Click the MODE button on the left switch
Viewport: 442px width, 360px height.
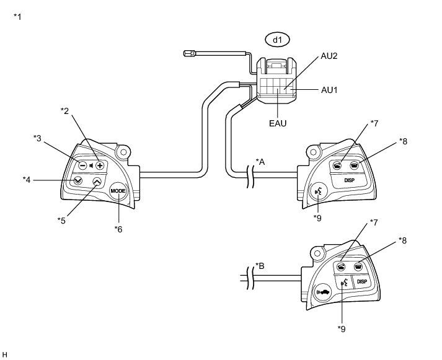[x=118, y=191]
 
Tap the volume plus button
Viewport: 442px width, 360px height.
[x=99, y=165]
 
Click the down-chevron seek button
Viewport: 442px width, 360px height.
[x=78, y=181]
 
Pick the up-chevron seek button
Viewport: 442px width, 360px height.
[x=97, y=182]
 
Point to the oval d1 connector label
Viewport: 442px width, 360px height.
[x=277, y=40]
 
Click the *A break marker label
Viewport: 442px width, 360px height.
[x=263, y=162]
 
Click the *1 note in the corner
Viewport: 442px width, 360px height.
[x=17, y=15]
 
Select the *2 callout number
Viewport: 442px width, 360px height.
[x=64, y=110]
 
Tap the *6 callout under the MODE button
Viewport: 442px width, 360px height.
[x=118, y=229]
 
